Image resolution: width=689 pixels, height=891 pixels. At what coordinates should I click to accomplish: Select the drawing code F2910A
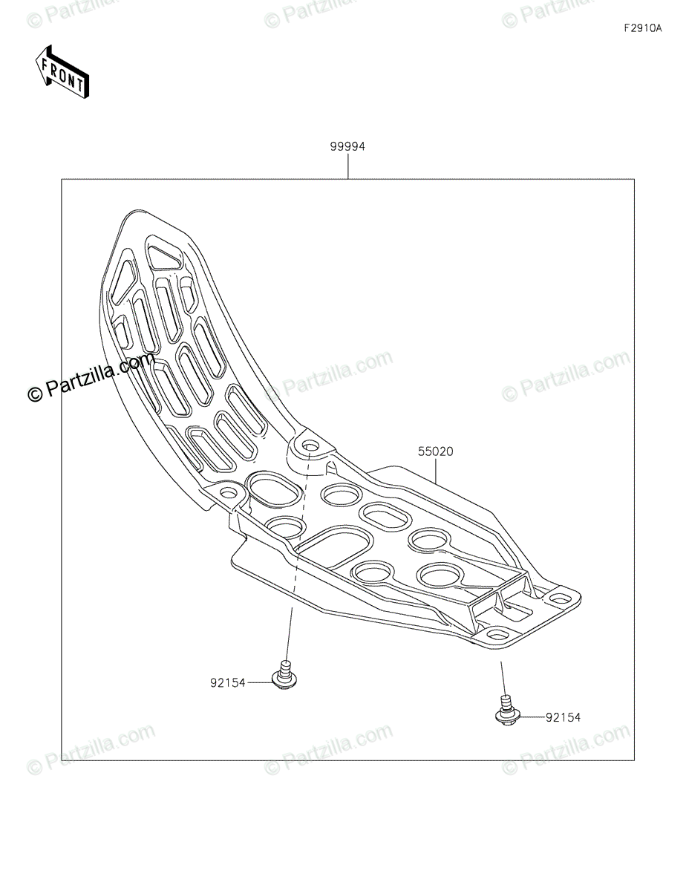point(642,29)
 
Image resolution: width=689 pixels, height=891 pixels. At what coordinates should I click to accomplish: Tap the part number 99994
point(347,147)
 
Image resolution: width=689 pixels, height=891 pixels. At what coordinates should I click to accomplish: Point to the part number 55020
point(436,451)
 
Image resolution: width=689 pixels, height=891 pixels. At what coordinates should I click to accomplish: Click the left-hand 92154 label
point(228,682)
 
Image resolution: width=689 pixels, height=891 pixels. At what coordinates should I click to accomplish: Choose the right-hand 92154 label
point(563,717)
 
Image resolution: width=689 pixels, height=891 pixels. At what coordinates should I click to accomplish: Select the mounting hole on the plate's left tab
point(229,492)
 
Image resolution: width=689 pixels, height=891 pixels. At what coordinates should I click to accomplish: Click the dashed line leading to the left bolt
point(298,542)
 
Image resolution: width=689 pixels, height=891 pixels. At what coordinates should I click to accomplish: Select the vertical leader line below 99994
point(347,167)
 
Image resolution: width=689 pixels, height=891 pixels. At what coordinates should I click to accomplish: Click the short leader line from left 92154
point(260,682)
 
